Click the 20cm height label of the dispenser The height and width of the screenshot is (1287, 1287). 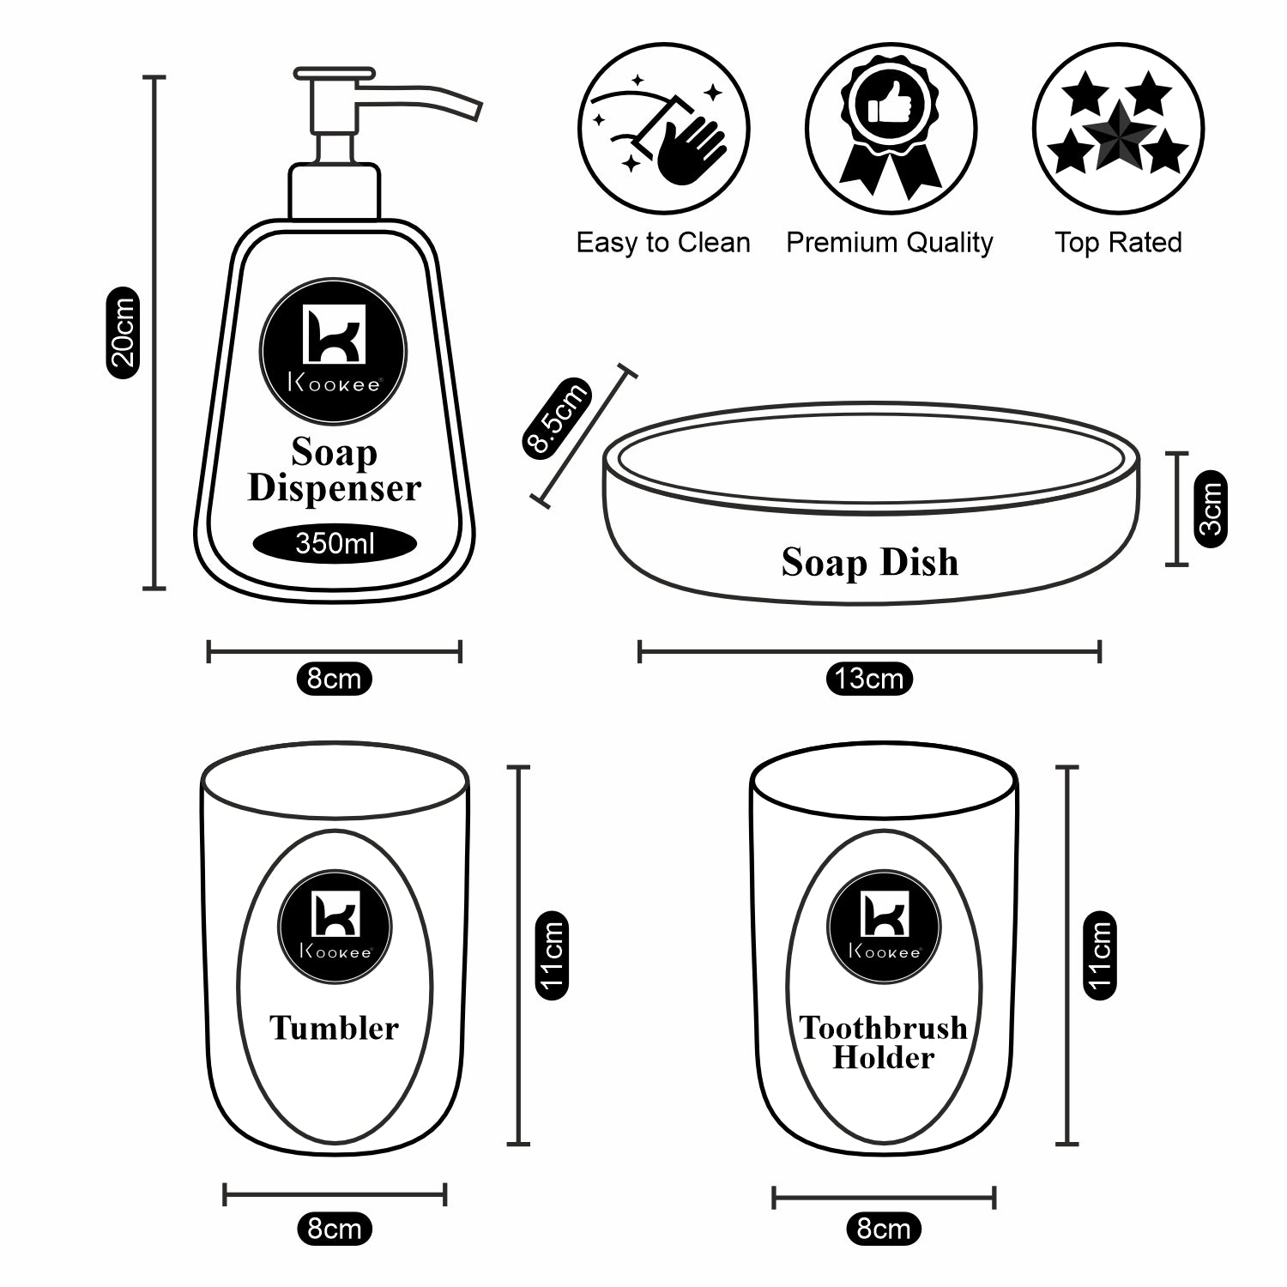pyautogui.click(x=123, y=332)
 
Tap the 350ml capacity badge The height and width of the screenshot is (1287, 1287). pyautogui.click(x=335, y=543)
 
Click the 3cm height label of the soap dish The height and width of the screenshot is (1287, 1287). pyautogui.click(x=1210, y=508)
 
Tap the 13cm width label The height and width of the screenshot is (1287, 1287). pyautogui.click(x=869, y=679)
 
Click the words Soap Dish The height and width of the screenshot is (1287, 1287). pyautogui.click(x=869, y=562)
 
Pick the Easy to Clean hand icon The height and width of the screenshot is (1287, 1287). pyautogui.click(x=663, y=129)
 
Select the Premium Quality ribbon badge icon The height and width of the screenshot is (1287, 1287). pyautogui.click(x=891, y=129)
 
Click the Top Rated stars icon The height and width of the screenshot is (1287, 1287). pyautogui.click(x=1118, y=129)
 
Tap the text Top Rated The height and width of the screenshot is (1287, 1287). pyautogui.click(x=1118, y=243)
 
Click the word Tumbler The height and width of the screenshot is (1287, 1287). pyautogui.click(x=334, y=1028)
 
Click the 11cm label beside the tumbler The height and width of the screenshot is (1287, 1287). pyautogui.click(x=552, y=955)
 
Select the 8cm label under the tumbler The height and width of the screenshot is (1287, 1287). pyautogui.click(x=334, y=1229)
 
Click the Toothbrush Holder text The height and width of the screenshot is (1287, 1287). pyautogui.click(x=883, y=1042)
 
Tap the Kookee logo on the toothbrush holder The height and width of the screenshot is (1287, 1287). pyautogui.click(x=884, y=927)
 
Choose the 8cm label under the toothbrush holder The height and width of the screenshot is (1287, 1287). pyautogui.click(x=884, y=1229)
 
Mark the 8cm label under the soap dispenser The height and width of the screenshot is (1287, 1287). pyautogui.click(x=334, y=679)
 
